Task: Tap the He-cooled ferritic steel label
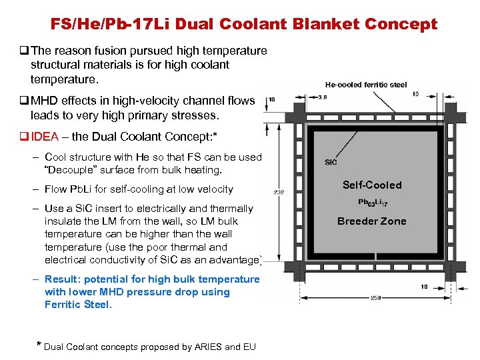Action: pos(366,85)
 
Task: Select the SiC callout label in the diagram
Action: pos(331,162)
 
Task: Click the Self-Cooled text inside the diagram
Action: pos(372,185)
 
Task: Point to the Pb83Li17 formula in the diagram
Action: pos(372,203)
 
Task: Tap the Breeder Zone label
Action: pos(371,221)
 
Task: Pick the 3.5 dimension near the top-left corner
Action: pos(322,97)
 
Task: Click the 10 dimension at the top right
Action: pos(415,94)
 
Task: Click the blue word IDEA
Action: pos(45,137)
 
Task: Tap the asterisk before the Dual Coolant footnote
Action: pos(37,345)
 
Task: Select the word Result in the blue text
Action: pos(59,279)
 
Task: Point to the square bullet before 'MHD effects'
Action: pos(24,101)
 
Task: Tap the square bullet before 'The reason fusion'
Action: pos(24,51)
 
